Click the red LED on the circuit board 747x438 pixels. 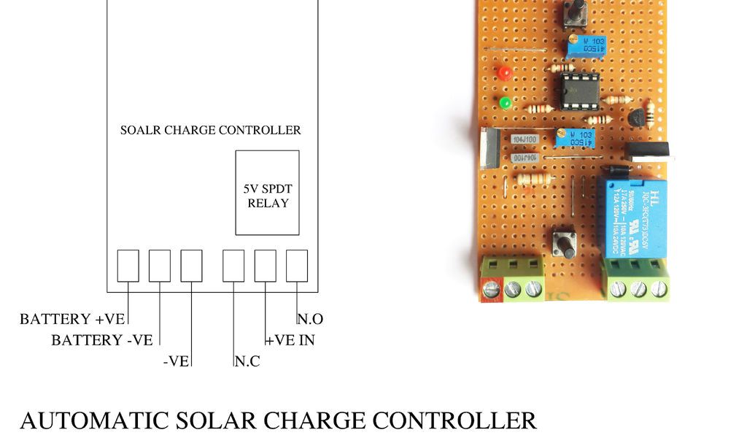(x=504, y=73)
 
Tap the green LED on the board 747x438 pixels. (x=505, y=103)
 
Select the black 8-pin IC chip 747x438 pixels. (x=580, y=91)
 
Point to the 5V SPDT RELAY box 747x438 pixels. (x=267, y=193)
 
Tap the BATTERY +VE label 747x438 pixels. (x=73, y=319)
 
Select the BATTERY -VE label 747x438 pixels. (x=101, y=340)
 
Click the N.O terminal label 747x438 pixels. (x=311, y=319)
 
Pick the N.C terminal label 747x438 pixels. (x=248, y=361)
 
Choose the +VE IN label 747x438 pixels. (x=290, y=340)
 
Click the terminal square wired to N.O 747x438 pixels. (x=297, y=266)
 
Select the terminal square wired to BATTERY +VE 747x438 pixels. (x=128, y=266)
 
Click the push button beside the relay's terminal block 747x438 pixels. (x=563, y=242)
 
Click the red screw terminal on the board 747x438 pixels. (x=492, y=289)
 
